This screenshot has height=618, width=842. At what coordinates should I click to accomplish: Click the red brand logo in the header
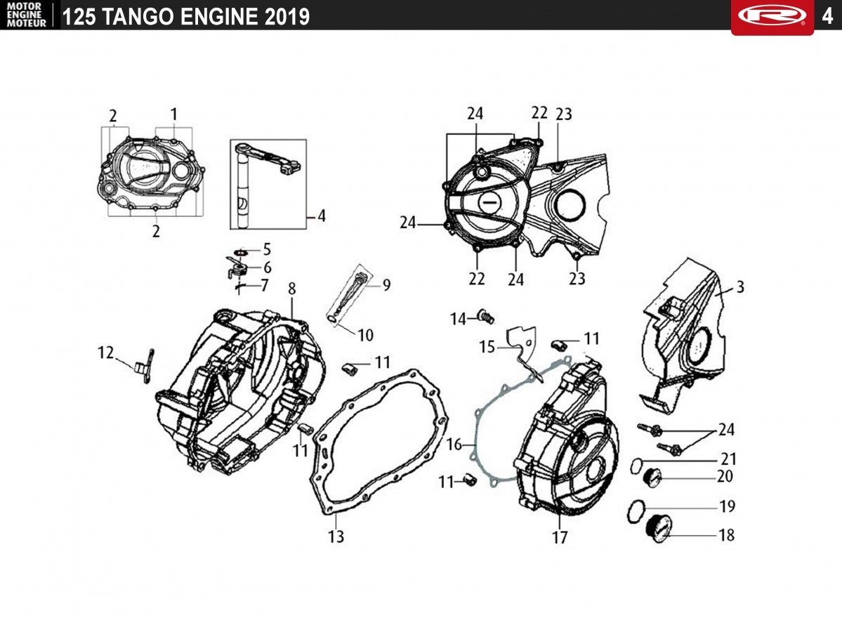[x=772, y=15]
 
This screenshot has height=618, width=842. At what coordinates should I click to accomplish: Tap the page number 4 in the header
[x=827, y=16]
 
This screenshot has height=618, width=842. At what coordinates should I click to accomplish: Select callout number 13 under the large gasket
[x=336, y=536]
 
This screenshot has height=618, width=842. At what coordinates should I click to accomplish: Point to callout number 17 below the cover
[x=560, y=537]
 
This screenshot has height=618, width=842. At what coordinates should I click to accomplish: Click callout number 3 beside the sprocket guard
[x=740, y=287]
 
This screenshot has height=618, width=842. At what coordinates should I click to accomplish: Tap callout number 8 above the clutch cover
[x=291, y=289]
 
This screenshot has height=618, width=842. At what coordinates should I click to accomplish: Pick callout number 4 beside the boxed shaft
[x=321, y=216]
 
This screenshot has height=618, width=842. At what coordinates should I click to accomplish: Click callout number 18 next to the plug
[x=727, y=534]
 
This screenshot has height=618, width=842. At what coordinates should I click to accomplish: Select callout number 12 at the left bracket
[x=106, y=353]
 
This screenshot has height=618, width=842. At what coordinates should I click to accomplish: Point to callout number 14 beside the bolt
[x=458, y=319]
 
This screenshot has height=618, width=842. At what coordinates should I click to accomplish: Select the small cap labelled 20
[x=652, y=477]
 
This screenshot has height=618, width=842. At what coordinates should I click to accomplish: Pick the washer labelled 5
[x=241, y=251]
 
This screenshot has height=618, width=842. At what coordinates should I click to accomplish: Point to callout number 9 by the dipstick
[x=387, y=285]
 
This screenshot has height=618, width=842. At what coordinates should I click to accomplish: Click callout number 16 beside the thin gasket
[x=454, y=445]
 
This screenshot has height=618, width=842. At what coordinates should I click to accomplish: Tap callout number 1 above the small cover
[x=173, y=114]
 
